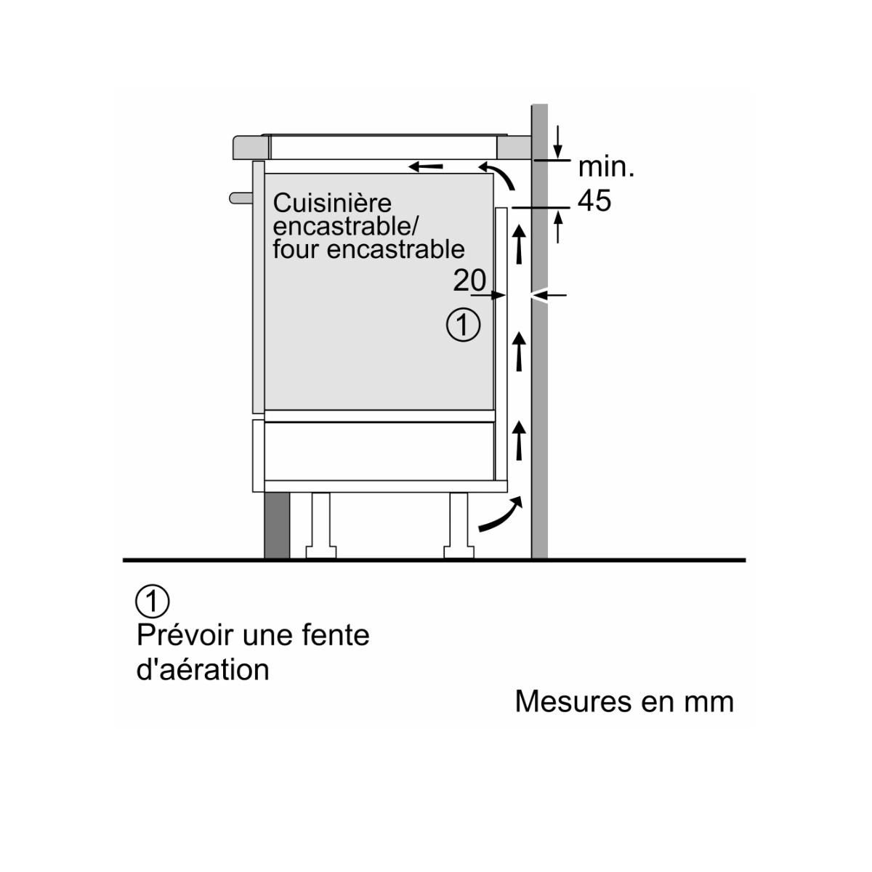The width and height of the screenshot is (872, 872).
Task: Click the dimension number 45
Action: click(594, 201)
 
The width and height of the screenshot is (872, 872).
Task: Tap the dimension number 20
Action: click(469, 280)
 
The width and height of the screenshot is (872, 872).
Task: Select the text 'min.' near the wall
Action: click(606, 167)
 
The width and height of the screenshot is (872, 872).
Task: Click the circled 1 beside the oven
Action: click(463, 324)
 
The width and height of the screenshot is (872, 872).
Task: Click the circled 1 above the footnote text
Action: click(153, 601)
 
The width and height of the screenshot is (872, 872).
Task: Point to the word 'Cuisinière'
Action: click(332, 203)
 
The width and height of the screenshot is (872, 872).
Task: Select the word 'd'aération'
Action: click(203, 669)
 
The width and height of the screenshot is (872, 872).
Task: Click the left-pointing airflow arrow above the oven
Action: click(426, 167)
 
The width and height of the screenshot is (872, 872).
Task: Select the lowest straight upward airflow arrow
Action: click(519, 439)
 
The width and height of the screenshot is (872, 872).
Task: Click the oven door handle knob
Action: click(239, 197)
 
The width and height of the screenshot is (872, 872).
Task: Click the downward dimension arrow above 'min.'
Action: click(558, 141)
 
